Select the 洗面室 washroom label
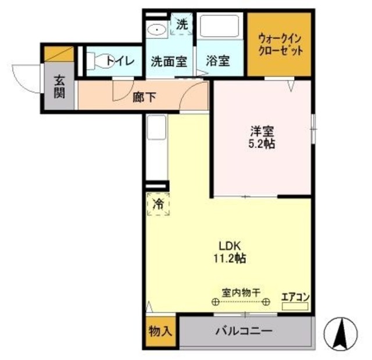point(169,60)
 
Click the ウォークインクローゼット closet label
point(281,44)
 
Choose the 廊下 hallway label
point(145,98)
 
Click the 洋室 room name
point(259,132)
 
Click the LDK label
point(226,246)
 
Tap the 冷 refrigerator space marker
point(158,204)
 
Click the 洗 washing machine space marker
point(182,24)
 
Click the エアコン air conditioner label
point(295,297)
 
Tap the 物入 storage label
point(160,332)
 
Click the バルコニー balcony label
point(244,332)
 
